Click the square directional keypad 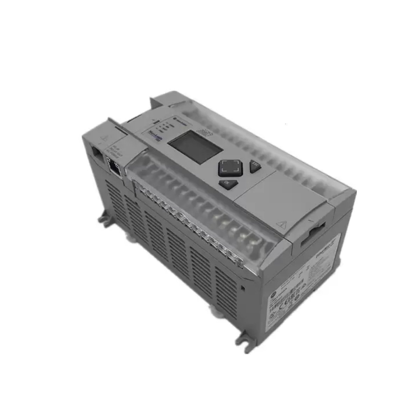click(230, 168)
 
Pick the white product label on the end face click(304, 280)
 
